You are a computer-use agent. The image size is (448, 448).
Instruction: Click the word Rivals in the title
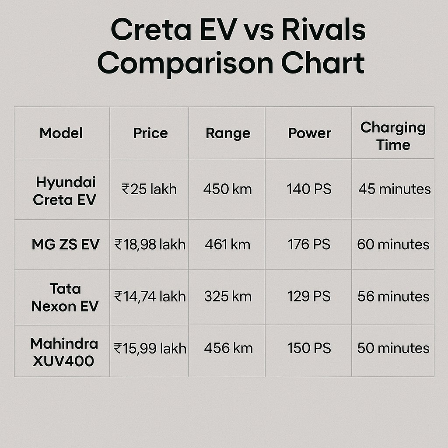pos(323,29)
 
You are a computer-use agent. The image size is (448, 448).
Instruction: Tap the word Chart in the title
pos(323,63)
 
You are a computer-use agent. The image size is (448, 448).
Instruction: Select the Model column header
pos(61,133)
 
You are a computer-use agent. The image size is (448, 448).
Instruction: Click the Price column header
pos(150,133)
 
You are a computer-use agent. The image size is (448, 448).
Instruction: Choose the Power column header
pos(310,133)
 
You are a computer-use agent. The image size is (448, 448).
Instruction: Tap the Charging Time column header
pos(393,136)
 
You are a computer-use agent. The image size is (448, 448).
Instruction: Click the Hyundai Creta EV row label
pos(65,191)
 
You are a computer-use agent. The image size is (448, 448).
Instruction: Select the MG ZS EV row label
pos(66,245)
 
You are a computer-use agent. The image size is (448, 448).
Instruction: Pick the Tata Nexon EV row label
pos(65,297)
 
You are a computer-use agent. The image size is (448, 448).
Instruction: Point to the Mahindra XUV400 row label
pos(64,352)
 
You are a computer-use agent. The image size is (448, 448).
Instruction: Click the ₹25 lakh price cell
pos(149,189)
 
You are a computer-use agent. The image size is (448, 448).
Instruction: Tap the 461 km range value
pos(227,245)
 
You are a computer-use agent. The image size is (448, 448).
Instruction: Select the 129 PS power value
pos(309,297)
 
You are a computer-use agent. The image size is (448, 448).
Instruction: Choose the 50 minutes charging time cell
pos(393,348)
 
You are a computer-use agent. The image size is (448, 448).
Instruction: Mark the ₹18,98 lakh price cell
pos(150,245)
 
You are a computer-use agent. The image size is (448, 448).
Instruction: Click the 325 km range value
pos(227,297)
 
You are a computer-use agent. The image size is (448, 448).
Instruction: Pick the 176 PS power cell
pos(309,245)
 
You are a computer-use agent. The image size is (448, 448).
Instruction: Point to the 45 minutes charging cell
pos(395,189)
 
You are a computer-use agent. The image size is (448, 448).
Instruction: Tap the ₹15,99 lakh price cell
pos(150,349)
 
